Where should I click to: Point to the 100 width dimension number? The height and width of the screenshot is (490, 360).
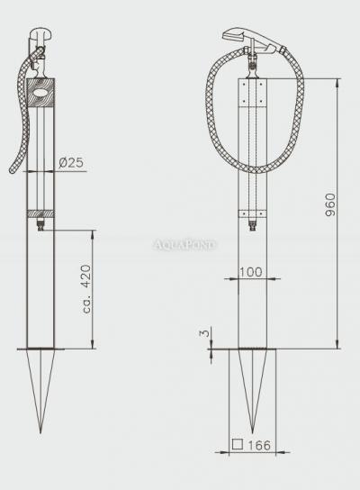click(252, 271)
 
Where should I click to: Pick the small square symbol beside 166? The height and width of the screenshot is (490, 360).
click(237, 444)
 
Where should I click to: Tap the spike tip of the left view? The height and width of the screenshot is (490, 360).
click(40, 431)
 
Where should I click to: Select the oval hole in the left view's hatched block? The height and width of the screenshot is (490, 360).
click(40, 90)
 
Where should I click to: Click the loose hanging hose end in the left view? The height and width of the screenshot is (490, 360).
click(11, 170)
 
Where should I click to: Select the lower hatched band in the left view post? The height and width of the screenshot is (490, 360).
click(40, 213)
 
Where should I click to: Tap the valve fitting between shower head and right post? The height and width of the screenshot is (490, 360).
click(253, 63)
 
